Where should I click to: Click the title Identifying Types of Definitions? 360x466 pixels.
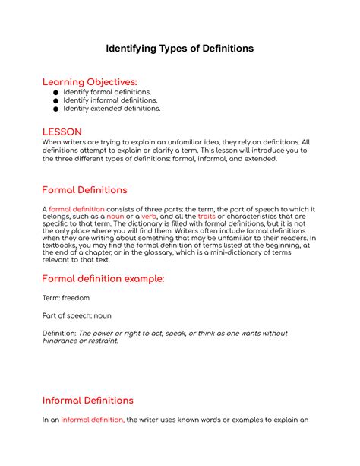[179, 49]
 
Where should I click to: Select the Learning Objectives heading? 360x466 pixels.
[90, 81]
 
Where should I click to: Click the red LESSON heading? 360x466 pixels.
[62, 132]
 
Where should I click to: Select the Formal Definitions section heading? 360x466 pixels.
[84, 189]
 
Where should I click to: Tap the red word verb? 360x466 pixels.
[149, 217]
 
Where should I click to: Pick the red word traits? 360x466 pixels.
[207, 217]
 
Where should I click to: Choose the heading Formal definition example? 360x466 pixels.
[103, 278]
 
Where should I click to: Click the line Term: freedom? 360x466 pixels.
[65, 298]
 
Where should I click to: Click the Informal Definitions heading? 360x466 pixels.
[87, 400]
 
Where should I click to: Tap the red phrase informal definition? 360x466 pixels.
[93, 420]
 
